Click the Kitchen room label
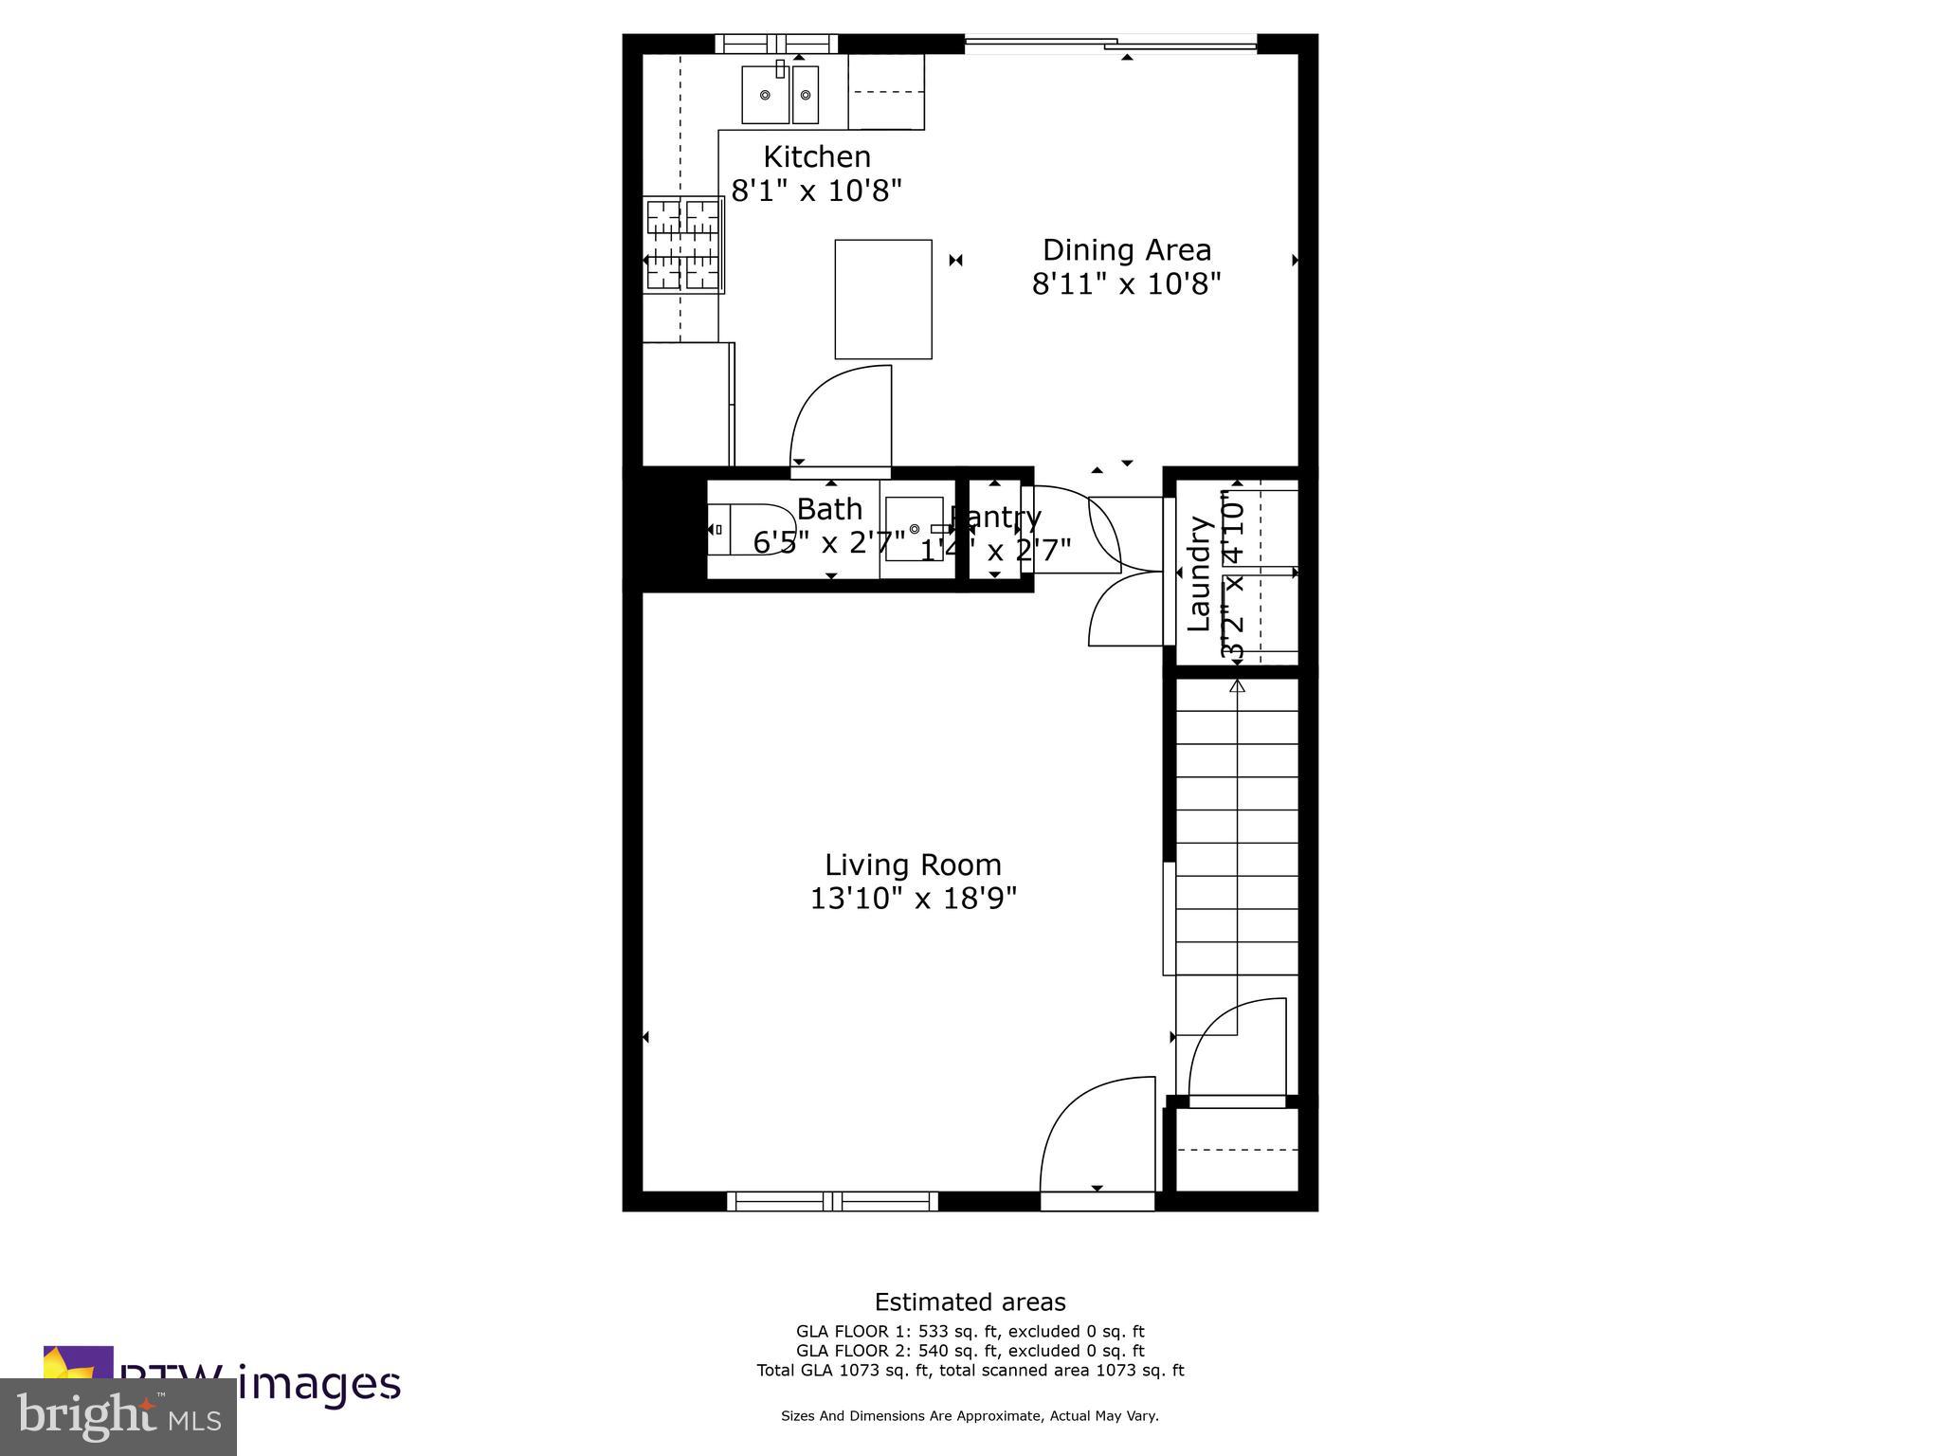tap(816, 156)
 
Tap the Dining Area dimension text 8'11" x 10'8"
tap(1126, 283)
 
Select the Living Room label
tap(913, 864)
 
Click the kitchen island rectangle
tap(882, 299)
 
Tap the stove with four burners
tap(682, 245)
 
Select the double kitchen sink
tap(779, 94)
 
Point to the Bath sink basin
tap(915, 529)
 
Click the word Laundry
tap(1200, 573)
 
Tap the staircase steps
tap(1237, 844)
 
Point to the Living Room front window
tap(832, 1201)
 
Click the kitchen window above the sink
tap(776, 44)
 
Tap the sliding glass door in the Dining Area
tap(1110, 43)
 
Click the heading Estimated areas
tap(970, 1301)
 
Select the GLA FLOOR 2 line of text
tap(970, 1350)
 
